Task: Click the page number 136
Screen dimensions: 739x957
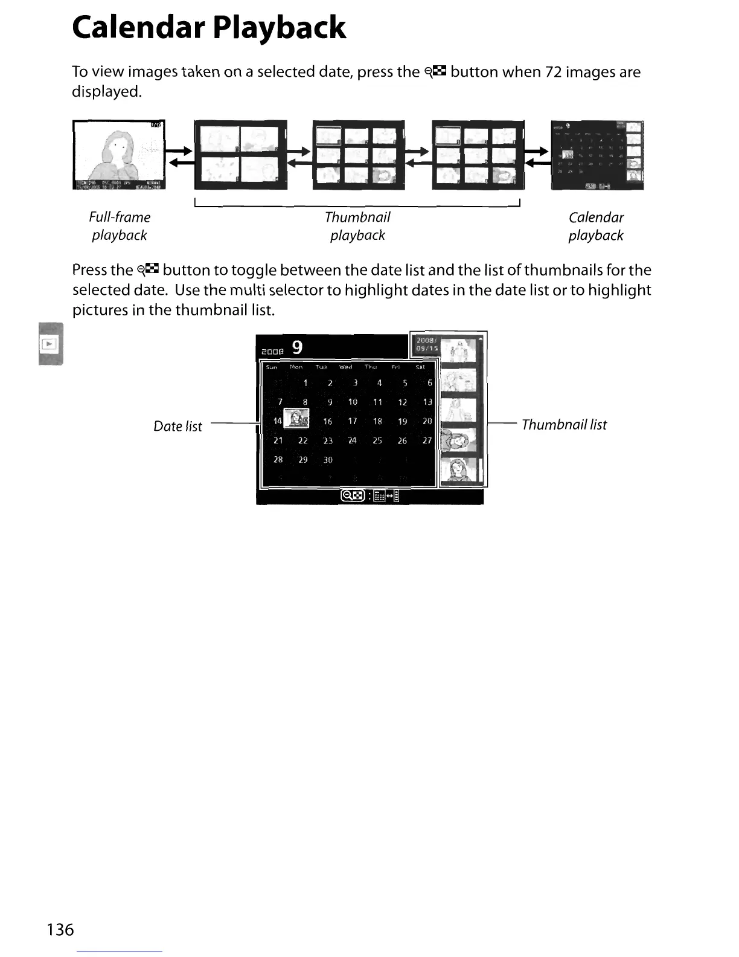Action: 60,929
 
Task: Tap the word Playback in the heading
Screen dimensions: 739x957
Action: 280,28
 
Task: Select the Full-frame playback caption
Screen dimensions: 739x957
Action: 120,226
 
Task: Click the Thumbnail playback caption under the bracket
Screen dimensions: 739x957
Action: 357,226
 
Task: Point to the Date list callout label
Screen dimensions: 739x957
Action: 178,426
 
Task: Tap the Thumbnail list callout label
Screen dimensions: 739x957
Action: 564,425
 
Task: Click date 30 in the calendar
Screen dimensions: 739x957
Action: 328,460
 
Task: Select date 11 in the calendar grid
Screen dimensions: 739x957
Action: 377,402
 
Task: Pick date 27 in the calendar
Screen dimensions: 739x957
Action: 427,440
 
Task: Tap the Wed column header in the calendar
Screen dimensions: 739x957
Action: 345,367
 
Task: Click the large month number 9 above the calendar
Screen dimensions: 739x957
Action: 297,347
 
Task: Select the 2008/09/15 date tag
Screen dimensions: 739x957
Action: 427,344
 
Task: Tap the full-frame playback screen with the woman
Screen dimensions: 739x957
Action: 118,155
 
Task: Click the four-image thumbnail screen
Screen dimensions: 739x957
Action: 240,155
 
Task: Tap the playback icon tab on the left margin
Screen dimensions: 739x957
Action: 49,344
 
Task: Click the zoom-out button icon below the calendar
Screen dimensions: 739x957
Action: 353,496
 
